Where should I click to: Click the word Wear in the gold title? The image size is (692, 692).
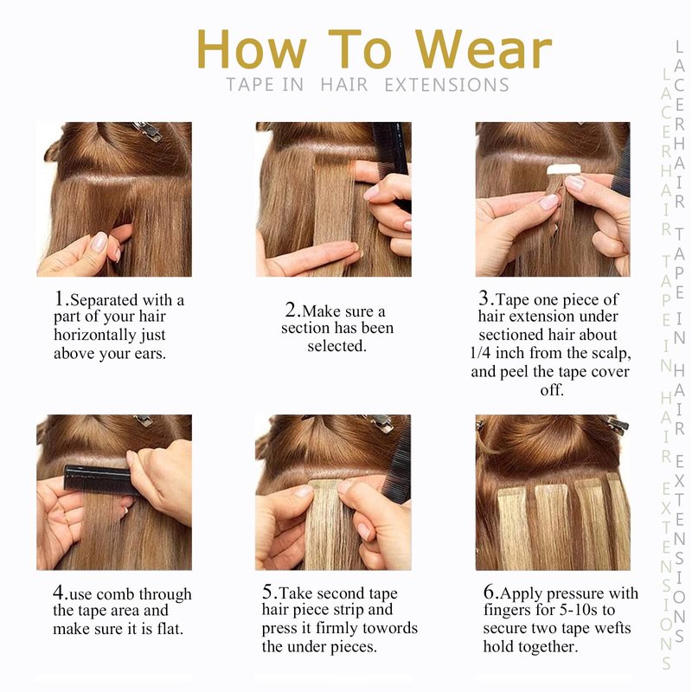click(484, 49)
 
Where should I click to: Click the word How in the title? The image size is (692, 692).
click(252, 49)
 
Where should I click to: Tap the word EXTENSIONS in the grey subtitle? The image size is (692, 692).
click(446, 85)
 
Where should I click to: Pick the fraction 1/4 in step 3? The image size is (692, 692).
click(480, 353)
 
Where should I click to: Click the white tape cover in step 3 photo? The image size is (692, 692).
click(564, 169)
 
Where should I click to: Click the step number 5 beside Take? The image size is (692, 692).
click(268, 592)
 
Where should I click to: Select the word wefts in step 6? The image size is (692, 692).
click(612, 628)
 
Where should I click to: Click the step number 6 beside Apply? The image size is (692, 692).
click(489, 592)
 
